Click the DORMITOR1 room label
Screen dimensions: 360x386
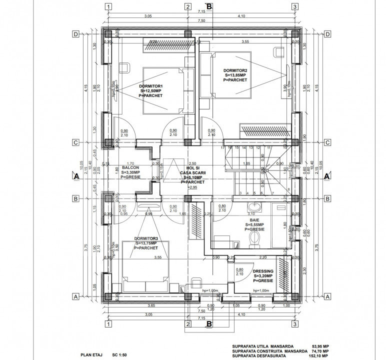pyautogui.click(x=150, y=86)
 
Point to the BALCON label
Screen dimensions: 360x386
pyautogui.click(x=130, y=168)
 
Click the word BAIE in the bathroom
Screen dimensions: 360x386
pyautogui.click(x=254, y=219)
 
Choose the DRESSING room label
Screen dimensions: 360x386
pyautogui.click(x=262, y=270)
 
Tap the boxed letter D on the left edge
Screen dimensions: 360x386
pyautogui.click(x=75, y=34)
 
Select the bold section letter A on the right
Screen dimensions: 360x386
pyautogui.click(x=326, y=176)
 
